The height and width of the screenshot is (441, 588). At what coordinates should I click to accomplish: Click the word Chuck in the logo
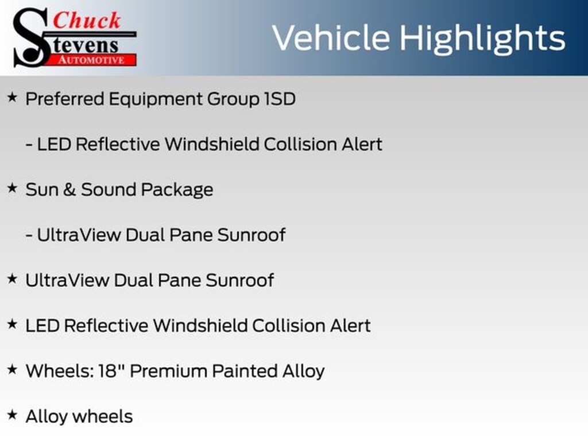point(87,20)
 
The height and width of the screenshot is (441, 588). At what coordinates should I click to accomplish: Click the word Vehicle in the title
point(331,38)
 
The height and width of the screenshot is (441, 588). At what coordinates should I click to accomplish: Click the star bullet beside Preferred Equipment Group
point(13,98)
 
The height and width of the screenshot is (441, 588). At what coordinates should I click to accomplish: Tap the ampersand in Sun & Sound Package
point(69,189)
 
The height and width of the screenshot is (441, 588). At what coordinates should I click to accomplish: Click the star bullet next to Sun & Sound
point(13,188)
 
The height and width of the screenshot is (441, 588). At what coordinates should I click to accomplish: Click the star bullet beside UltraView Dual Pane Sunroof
point(13,278)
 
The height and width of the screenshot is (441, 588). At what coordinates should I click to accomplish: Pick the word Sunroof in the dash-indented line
point(252,235)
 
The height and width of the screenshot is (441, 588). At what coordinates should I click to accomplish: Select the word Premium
point(169,371)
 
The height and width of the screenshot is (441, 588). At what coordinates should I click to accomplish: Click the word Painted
point(245,371)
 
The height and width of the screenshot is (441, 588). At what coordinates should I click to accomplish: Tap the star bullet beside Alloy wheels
point(13,415)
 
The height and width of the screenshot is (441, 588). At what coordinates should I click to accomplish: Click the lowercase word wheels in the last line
point(102,417)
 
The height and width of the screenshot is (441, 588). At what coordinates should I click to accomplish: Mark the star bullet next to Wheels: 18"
point(13,369)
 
